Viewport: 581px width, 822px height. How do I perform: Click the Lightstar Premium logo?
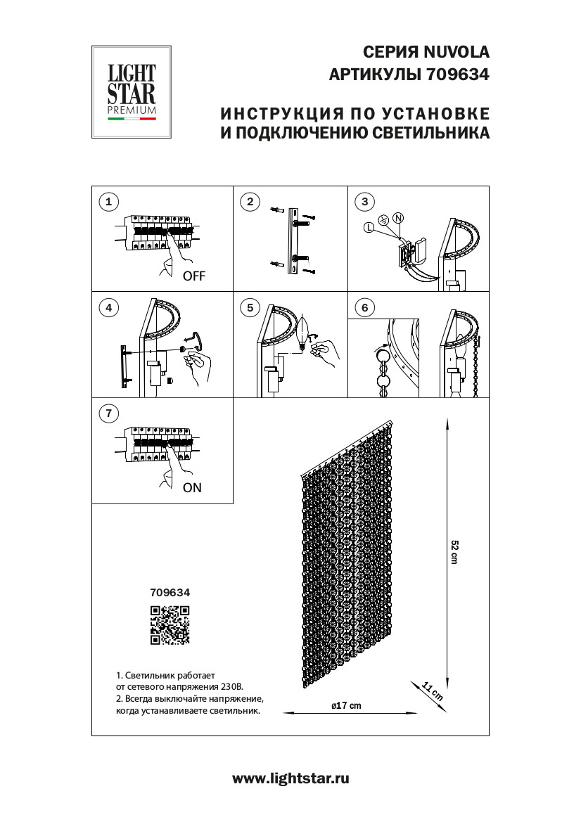tap(132, 92)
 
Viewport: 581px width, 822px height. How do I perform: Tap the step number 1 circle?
tap(108, 203)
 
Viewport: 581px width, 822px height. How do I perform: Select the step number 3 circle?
tap(364, 203)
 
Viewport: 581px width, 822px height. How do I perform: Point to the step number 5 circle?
tap(249, 308)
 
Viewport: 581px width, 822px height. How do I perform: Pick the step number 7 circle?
tap(108, 413)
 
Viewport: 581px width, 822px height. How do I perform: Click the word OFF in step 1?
tap(193, 276)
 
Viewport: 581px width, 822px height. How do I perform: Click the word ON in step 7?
tap(191, 487)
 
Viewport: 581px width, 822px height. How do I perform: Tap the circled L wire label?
tap(369, 226)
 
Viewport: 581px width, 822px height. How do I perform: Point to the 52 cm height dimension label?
tap(454, 552)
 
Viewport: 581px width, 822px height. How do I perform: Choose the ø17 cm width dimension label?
tap(346, 705)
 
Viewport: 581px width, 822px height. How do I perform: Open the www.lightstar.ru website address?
tap(290, 778)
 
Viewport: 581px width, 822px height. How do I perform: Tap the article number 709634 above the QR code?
tap(170, 593)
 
